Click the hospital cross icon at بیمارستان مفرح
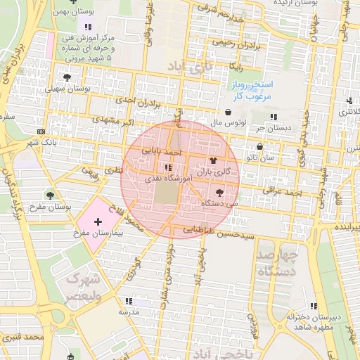tap(97, 221)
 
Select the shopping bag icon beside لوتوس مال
tap(228, 112)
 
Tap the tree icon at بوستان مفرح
tap(50, 195)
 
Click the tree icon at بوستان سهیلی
tap(67, 78)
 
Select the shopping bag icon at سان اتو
tap(261, 148)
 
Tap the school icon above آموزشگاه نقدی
tap(167, 168)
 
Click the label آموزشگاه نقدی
tap(163, 179)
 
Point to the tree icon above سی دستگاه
tap(220, 192)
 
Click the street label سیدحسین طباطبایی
tap(217, 230)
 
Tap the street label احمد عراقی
tap(282, 190)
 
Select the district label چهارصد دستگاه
tap(278, 262)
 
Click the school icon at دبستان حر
tap(274, 117)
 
